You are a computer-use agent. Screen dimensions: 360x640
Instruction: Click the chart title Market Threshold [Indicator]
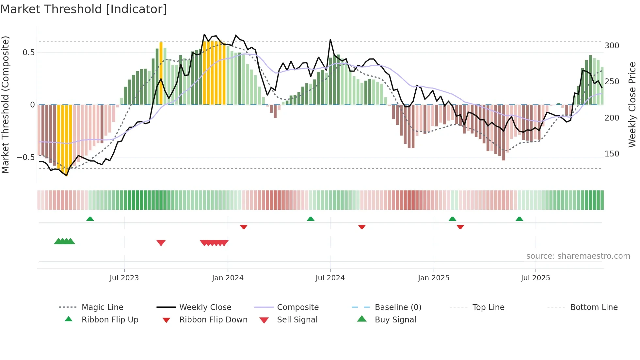pos(84,9)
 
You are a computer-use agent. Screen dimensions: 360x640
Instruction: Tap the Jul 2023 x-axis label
pos(124,278)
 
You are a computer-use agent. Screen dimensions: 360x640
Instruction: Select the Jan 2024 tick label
pos(228,278)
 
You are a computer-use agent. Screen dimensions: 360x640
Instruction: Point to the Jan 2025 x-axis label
pos(434,278)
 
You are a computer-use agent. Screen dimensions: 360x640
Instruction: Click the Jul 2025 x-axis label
pos(536,278)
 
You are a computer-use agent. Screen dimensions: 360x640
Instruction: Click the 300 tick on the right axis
pos(612,46)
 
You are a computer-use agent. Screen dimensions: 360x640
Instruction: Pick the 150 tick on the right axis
pos(612,154)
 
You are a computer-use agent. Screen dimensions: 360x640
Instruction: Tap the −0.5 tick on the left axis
pos(26,157)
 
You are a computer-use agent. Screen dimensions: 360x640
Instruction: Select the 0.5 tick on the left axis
pos(28,53)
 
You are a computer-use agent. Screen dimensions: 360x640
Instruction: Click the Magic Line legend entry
pos(102,307)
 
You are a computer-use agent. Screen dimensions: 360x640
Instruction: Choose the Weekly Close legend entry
pos(205,307)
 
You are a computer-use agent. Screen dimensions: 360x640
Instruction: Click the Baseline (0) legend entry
pos(398,307)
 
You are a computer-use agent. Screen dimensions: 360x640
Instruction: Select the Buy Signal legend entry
pos(395,320)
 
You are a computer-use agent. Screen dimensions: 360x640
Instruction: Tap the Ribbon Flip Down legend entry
pos(213,320)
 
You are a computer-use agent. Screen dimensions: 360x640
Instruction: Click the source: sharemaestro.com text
pos(578,256)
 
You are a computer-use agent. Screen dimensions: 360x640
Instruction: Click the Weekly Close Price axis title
pos(632,105)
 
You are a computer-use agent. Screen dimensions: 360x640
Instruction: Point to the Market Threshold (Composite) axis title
pos(6,105)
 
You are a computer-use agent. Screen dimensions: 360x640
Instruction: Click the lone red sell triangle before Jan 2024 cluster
pos(161,243)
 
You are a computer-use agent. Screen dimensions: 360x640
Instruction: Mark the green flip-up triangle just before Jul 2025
pos(519,219)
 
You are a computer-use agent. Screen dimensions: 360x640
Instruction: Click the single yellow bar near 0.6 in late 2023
pos(161,74)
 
